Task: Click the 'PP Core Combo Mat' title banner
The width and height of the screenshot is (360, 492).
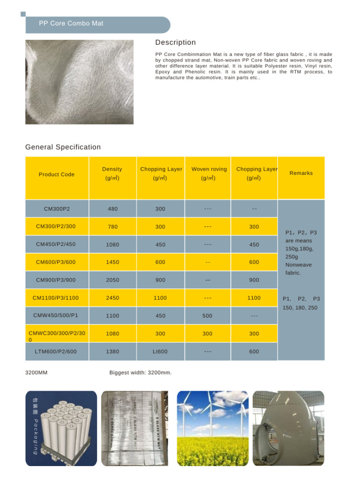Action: (x=71, y=24)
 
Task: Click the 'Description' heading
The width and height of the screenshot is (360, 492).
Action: (x=175, y=42)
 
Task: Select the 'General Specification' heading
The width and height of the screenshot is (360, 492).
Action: (x=63, y=147)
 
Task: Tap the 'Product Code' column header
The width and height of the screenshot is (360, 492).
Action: (x=57, y=174)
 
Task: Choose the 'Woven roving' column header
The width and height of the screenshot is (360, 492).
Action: (x=209, y=169)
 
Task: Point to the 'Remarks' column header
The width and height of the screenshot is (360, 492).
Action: (x=301, y=173)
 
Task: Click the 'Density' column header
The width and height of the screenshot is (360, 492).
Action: (x=112, y=169)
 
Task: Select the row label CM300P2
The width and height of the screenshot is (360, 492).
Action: (x=57, y=209)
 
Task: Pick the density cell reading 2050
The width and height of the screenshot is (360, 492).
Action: (x=112, y=280)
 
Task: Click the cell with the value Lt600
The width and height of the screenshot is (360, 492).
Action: (x=160, y=352)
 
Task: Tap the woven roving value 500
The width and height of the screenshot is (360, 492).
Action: (x=207, y=316)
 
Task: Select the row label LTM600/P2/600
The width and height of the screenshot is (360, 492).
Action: (x=56, y=351)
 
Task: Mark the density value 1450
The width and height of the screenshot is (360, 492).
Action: (x=112, y=262)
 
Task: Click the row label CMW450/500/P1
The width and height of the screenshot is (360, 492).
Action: (x=56, y=315)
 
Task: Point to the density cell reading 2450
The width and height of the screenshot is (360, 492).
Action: (x=112, y=298)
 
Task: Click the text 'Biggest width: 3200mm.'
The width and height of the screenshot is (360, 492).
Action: (x=140, y=372)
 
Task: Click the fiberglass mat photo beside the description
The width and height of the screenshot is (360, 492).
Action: (x=79, y=82)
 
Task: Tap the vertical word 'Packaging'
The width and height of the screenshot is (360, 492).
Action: (x=36, y=436)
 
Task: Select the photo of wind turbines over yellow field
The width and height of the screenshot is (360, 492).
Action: (x=212, y=428)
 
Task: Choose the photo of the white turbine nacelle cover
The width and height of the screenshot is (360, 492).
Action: (x=288, y=428)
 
